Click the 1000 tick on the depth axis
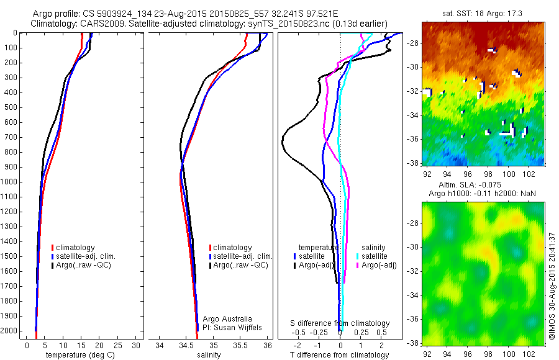(x=10, y=182)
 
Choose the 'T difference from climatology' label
(x=340, y=355)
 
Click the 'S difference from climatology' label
(x=340, y=323)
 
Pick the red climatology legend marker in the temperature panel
(x=52, y=248)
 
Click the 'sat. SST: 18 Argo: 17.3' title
(x=482, y=14)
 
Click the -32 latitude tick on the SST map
(x=414, y=91)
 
